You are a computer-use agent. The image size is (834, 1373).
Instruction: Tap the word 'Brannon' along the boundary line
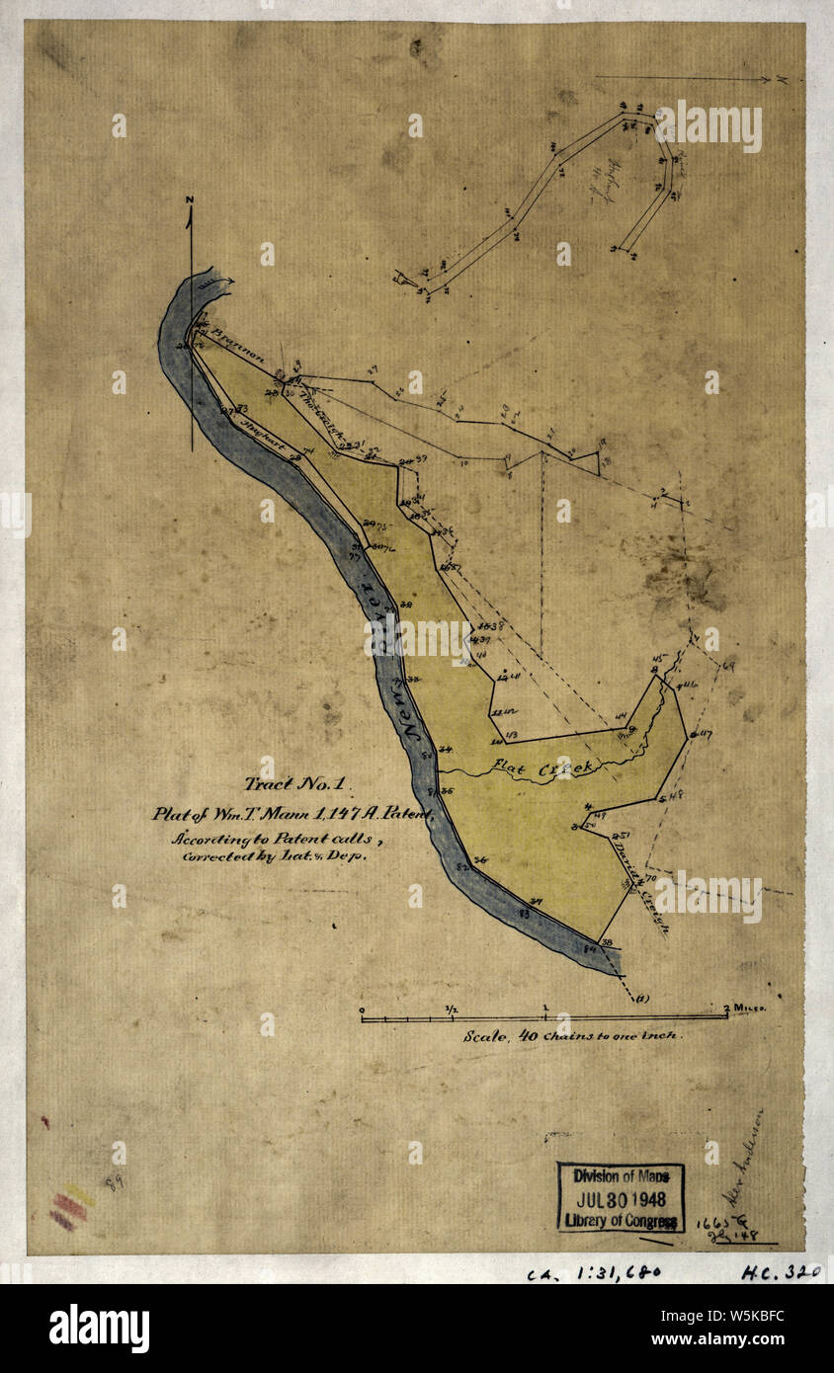237,347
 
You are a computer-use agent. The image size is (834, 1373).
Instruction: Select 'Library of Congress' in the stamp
621,1221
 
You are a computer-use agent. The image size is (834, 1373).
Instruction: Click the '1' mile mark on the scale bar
545,1009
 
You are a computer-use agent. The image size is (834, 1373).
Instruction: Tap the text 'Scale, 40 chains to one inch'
573,1038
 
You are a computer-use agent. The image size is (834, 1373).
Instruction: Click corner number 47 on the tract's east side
704,734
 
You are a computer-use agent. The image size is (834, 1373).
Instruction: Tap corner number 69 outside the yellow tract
729,668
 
